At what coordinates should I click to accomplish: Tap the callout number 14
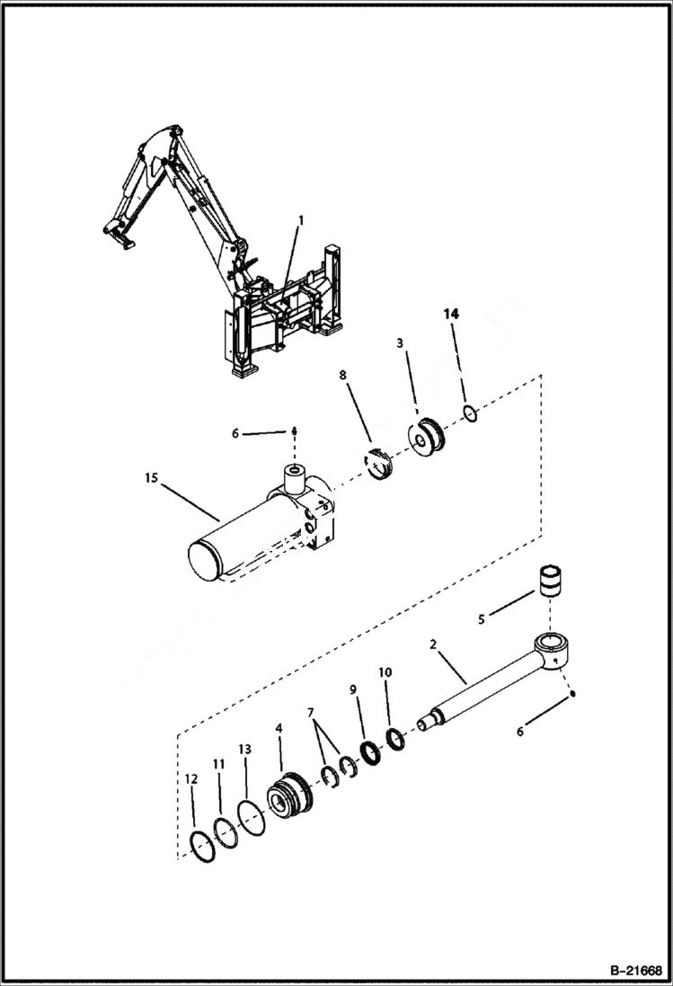450,314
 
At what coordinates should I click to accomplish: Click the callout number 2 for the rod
433,644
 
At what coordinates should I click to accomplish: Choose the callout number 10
385,671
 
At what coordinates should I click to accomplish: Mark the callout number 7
311,712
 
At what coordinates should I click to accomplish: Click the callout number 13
245,749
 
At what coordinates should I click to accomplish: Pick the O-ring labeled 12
205,847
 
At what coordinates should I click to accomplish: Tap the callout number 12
190,779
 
